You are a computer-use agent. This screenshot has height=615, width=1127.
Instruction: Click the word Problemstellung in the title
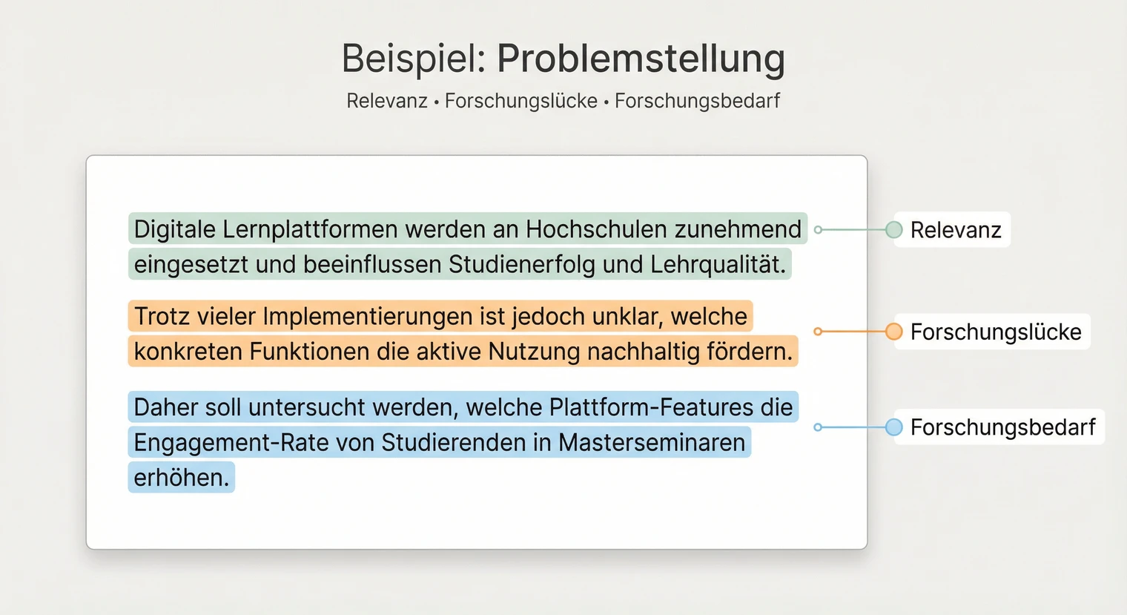(x=641, y=59)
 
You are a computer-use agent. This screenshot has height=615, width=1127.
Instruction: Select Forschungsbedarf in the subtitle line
(x=697, y=101)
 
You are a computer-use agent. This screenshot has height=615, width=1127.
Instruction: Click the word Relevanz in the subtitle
(x=387, y=101)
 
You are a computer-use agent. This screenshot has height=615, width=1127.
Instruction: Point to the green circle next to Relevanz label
(x=894, y=230)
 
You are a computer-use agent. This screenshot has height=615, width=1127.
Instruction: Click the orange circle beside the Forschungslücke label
(x=894, y=332)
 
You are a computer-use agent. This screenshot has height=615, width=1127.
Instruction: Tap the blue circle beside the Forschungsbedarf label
(x=894, y=427)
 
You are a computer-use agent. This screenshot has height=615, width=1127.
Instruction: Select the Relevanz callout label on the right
(x=956, y=230)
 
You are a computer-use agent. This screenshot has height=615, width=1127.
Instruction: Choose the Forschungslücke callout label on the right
(x=996, y=332)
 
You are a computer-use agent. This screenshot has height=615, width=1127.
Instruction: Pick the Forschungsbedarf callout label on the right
(x=1002, y=427)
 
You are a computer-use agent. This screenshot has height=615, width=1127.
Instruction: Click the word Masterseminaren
(x=652, y=443)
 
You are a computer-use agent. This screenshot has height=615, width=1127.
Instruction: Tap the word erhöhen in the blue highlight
(x=181, y=478)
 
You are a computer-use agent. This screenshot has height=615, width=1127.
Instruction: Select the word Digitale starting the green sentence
(x=174, y=229)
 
